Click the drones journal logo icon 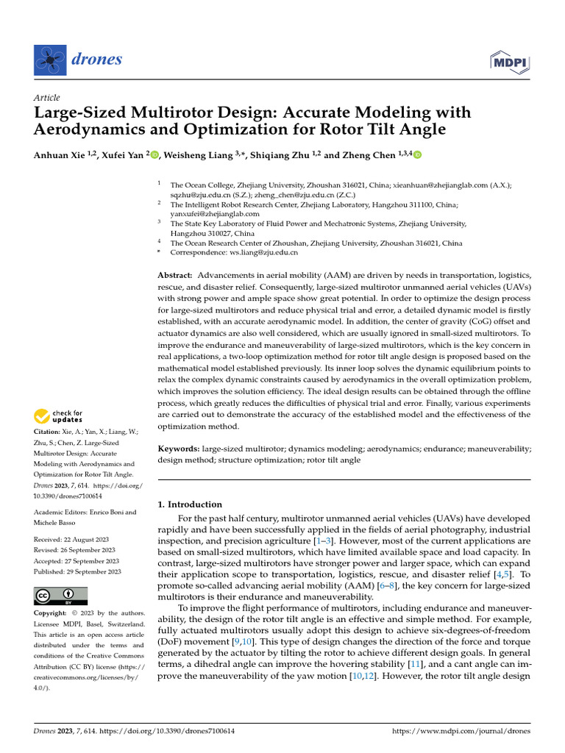[50, 60]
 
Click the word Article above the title [47, 98]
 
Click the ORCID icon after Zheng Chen [418, 154]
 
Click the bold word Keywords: [179, 448]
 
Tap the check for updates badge [59, 417]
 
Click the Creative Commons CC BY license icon [60, 596]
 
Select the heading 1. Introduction [191, 504]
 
